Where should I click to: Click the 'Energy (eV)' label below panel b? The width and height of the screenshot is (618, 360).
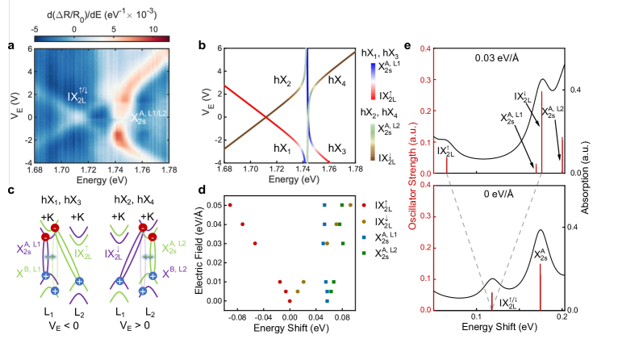coord(293,178)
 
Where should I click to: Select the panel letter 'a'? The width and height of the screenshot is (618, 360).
coord(11,46)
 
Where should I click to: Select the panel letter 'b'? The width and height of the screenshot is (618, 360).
coord(203,46)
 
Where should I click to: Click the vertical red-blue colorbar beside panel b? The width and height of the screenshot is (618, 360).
coord(373,81)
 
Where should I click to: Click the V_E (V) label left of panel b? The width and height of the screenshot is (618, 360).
coord(210,103)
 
